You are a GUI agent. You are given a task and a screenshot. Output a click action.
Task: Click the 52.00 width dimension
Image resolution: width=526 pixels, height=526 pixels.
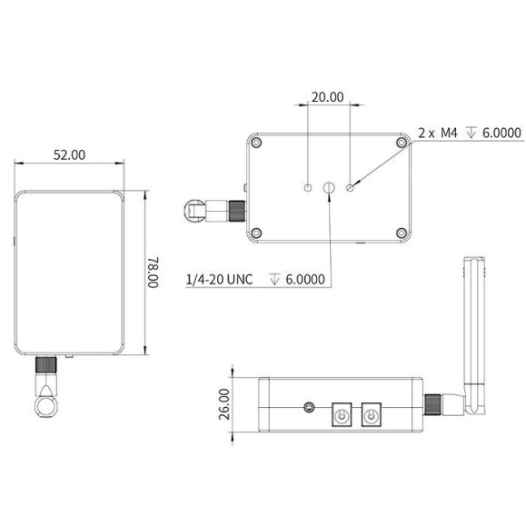(69, 154)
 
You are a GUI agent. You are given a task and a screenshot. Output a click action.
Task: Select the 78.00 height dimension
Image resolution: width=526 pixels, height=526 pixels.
(154, 272)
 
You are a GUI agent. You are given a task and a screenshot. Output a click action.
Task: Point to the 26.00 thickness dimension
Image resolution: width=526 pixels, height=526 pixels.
(224, 403)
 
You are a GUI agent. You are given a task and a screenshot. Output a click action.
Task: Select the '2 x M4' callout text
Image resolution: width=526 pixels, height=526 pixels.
(438, 133)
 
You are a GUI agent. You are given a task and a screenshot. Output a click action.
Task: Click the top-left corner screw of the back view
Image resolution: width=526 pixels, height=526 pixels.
(258, 143)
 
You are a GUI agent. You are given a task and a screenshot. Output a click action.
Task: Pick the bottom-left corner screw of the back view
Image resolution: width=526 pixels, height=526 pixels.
(258, 233)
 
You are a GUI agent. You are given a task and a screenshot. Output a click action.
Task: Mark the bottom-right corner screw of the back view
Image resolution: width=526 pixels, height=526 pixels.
(400, 233)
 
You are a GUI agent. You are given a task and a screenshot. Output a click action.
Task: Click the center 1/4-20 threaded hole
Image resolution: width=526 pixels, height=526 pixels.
(329, 188)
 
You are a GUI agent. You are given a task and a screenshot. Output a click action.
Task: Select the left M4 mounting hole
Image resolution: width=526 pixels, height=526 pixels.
(308, 188)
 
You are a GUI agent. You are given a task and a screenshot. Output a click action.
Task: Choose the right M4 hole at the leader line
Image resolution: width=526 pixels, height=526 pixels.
(350, 188)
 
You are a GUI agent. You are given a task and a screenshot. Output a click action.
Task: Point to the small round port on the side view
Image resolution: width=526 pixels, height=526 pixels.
(313, 407)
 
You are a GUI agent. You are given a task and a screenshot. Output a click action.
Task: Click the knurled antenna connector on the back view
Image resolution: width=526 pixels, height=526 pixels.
(235, 210)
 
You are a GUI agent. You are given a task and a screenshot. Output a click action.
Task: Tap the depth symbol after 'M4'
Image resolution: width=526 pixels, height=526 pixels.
(470, 133)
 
